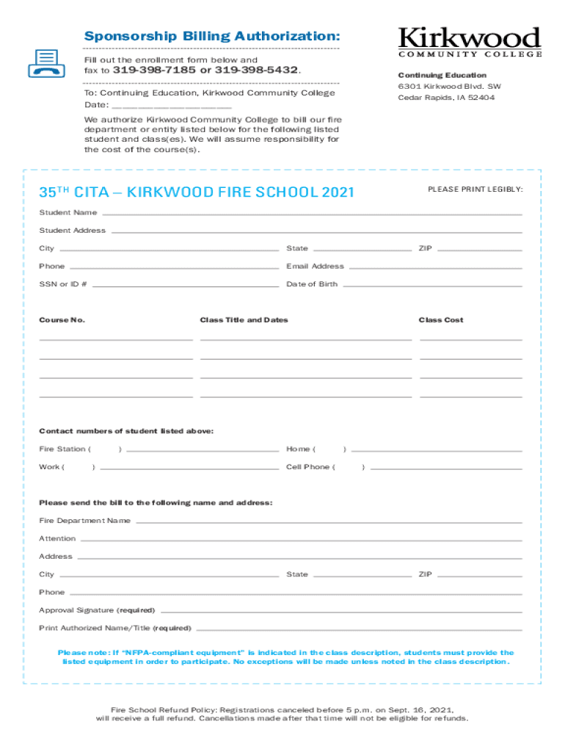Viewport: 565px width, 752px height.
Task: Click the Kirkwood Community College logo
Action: pyautogui.click(x=470, y=42)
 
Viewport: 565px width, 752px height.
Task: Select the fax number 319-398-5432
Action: pyautogui.click(x=255, y=70)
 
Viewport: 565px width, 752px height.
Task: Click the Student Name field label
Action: pyautogui.click(x=68, y=213)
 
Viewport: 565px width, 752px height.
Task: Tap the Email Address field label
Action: pyautogui.click(x=315, y=267)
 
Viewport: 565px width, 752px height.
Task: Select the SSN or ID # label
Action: pyautogui.click(x=63, y=284)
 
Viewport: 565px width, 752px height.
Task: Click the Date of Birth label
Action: pyautogui.click(x=312, y=284)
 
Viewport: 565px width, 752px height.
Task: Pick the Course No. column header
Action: pyautogui.click(x=62, y=320)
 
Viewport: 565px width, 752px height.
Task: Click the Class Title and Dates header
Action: pyautogui.click(x=244, y=320)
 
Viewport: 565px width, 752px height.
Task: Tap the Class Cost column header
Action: pyautogui.click(x=441, y=320)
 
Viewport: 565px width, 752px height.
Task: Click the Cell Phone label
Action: pyautogui.click(x=308, y=467)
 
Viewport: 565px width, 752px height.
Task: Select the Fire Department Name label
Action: pyautogui.click(x=84, y=521)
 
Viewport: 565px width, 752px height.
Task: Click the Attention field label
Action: pyautogui.click(x=57, y=538)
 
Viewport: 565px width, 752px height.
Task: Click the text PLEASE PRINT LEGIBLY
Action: pyautogui.click(x=475, y=189)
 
